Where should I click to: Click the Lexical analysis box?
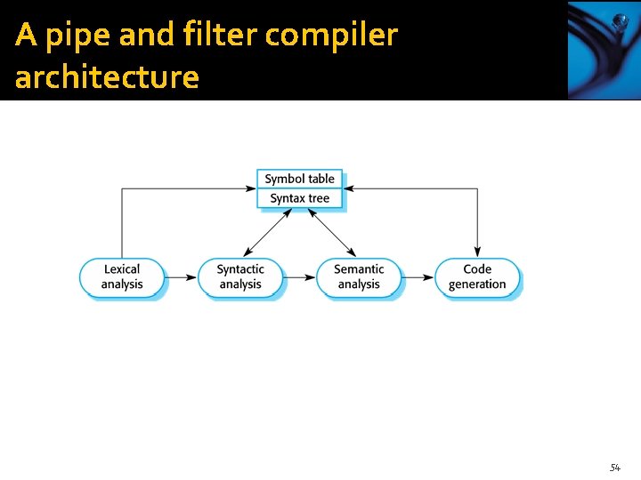[122, 276]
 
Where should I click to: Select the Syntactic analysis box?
[240, 276]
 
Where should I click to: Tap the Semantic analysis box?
[359, 276]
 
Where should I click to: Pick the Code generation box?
[477, 276]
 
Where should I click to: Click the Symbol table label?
[300, 180]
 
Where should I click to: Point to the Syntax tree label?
[300, 198]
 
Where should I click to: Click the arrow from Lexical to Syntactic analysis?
[182, 277]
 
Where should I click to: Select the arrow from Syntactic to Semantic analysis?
[300, 277]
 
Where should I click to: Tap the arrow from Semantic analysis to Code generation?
[418, 277]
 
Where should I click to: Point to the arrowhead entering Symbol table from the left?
[252, 188]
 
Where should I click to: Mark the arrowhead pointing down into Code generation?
[477, 252]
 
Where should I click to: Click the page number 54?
[614, 468]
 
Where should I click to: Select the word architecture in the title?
[107, 77]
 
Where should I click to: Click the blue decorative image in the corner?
[603, 50]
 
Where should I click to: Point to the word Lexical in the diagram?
[122, 269]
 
